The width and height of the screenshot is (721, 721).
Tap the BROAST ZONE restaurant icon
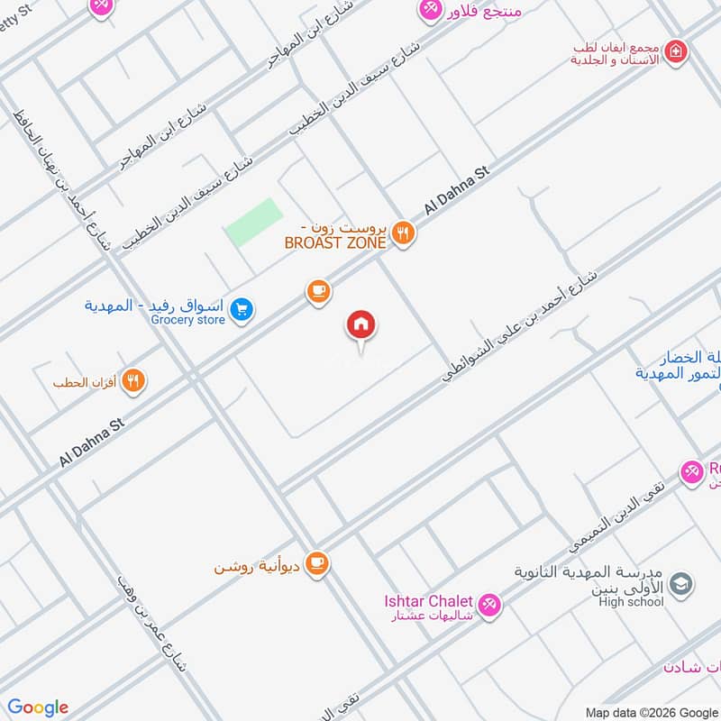click(x=404, y=233)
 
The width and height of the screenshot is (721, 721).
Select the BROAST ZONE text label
click(x=335, y=242)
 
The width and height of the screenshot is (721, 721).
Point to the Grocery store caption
click(x=187, y=320)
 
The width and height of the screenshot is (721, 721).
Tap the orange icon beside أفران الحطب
click(x=133, y=381)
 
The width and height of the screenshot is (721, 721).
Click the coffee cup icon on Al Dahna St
click(x=317, y=291)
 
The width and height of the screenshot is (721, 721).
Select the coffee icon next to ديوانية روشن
click(x=317, y=563)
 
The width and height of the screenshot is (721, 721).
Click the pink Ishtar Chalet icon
click(x=489, y=606)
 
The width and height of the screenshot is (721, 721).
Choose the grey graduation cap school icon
click(x=681, y=583)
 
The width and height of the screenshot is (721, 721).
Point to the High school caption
click(x=631, y=603)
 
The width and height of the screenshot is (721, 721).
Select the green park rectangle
click(x=253, y=223)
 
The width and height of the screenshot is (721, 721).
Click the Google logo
click(x=39, y=707)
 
